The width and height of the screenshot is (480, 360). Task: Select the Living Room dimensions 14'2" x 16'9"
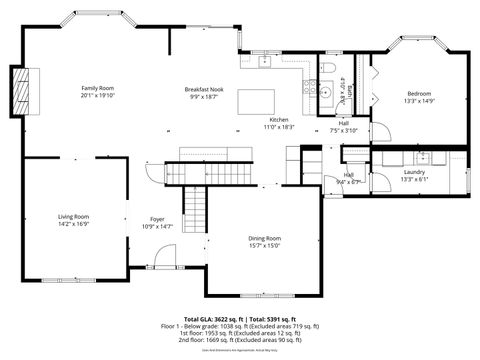point(73,225)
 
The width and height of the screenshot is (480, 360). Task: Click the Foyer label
point(157,219)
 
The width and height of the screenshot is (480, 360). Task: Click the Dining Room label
point(265,238)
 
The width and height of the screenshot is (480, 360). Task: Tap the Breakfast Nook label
point(204,89)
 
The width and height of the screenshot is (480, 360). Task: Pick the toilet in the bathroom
point(329,67)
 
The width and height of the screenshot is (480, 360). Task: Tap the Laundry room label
point(414,172)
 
